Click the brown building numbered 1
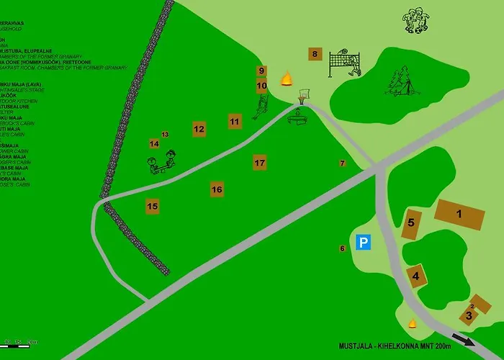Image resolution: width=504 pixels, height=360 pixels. point(459,214)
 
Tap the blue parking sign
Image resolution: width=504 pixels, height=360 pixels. point(364,243)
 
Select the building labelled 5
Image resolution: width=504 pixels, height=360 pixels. point(411,222)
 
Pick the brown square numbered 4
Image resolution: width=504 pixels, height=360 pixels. point(415,274)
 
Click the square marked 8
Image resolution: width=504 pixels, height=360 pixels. point(314,54)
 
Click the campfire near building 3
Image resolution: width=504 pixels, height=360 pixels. point(413,323)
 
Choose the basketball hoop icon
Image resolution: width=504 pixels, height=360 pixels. point(305,94)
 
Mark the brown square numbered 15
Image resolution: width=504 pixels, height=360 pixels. point(152,206)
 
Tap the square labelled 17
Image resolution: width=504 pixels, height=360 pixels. point(260,163)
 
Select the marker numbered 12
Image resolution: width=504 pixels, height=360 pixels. point(199,130)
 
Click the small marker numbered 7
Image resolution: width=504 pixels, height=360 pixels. point(343,163)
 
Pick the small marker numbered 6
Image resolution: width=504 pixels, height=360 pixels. point(343,248)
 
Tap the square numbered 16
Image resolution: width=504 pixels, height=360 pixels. point(217,189)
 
